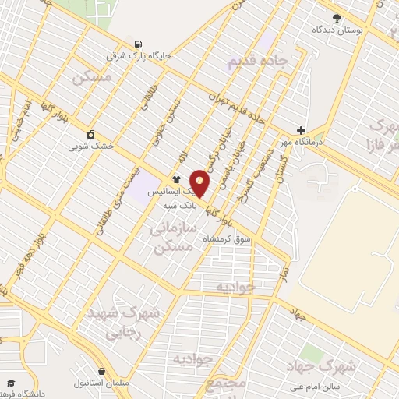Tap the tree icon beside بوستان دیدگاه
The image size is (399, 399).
click(337, 17)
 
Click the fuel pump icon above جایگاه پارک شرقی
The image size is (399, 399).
click(139, 44)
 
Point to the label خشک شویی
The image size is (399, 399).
click(91, 146)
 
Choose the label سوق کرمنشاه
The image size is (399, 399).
click(227, 238)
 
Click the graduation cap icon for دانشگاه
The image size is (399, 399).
click(11, 382)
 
